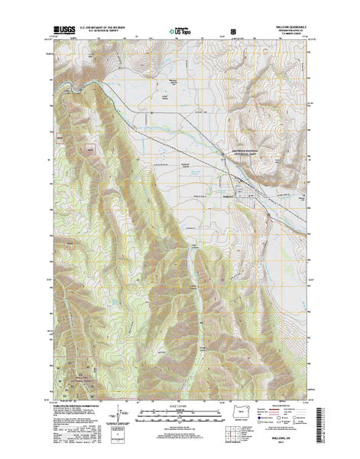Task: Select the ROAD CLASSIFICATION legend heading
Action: [x=277, y=405]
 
